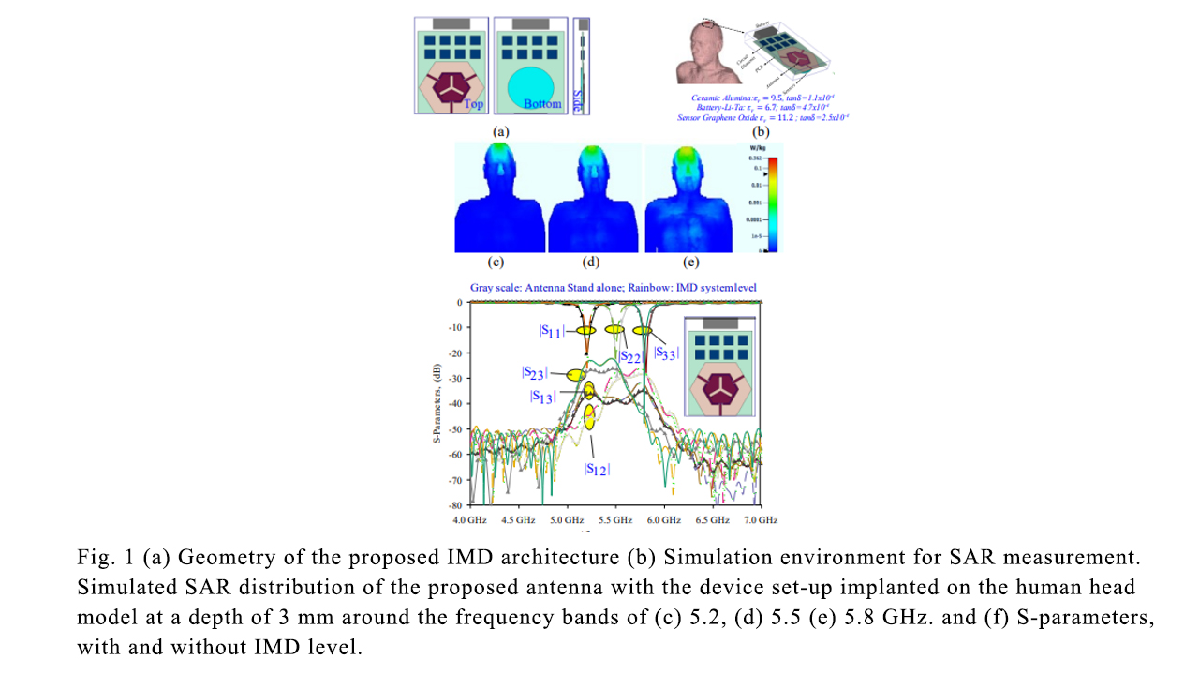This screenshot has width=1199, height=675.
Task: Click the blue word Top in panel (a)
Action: click(474, 104)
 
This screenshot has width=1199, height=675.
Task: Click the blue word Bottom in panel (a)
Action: click(542, 104)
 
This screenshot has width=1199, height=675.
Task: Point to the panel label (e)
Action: click(690, 261)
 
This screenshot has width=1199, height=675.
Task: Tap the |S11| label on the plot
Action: click(553, 331)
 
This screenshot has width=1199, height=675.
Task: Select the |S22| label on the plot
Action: click(629, 356)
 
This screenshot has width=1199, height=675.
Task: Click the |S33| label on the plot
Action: click(665, 353)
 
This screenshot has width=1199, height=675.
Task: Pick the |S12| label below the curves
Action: click(597, 469)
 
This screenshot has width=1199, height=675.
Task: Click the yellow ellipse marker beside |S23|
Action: click(555, 375)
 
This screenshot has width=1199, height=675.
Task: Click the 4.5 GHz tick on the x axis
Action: click(517, 519)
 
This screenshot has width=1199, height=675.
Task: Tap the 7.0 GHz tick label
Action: click(760, 519)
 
